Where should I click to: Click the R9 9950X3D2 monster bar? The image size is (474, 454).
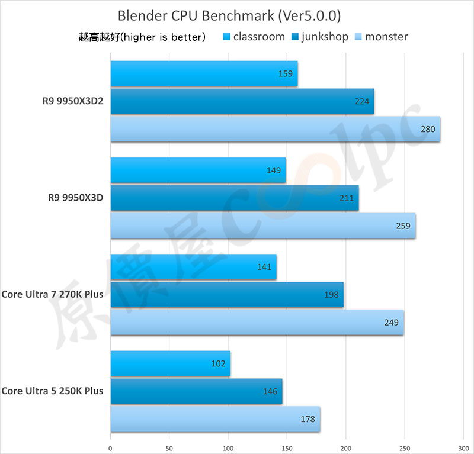tap(275, 129)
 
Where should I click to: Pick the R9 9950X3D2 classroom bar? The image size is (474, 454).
tap(204, 74)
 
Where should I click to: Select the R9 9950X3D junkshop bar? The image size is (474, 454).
tap(234, 198)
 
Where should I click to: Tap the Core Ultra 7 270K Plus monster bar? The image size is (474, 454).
tap(257, 323)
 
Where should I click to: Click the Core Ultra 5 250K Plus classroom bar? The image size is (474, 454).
tap(170, 364)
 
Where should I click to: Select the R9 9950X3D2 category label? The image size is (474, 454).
tap(69, 101)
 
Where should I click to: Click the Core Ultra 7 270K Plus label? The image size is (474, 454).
tap(52, 294)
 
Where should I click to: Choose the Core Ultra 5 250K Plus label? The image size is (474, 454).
tap(52, 391)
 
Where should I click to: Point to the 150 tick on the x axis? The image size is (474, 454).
tap(287, 447)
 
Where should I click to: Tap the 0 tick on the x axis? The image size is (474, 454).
tap(111, 447)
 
